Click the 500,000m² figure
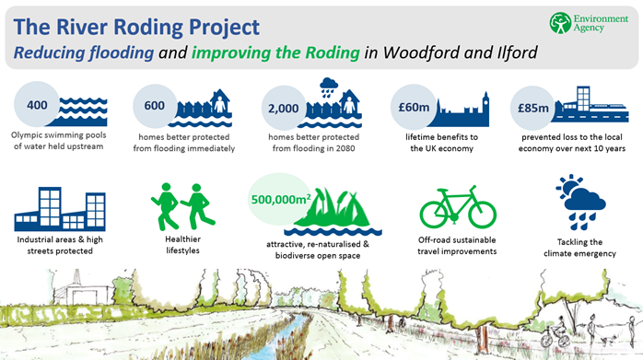click(x=286, y=194)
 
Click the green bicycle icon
click(x=457, y=207)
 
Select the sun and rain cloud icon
click(x=581, y=201)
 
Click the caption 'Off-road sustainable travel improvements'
click(x=457, y=246)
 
